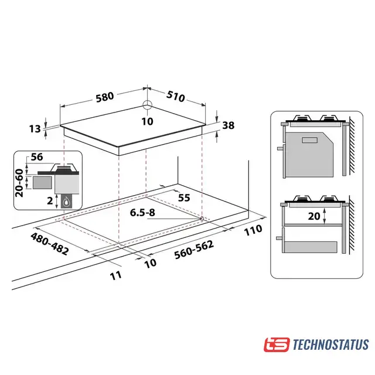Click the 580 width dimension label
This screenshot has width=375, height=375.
(105, 97)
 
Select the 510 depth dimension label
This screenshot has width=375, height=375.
(176, 96)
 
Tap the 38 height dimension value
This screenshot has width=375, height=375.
(228, 125)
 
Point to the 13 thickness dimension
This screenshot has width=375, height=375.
(35, 129)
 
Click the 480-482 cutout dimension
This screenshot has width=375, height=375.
(49, 244)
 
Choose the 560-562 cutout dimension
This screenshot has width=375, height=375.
(194, 250)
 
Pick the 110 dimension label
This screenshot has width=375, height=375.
(253, 230)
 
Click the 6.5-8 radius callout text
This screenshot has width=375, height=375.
(142, 212)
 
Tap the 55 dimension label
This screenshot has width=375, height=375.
(184, 198)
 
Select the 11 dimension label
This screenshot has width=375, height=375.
(116, 276)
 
